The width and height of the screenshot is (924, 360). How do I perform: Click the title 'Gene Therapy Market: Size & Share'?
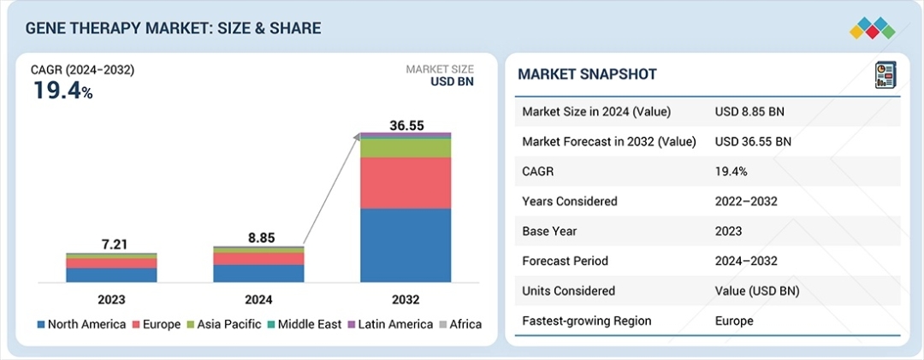pyautogui.click(x=173, y=28)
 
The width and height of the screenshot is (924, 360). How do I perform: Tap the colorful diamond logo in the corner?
pyautogui.click(x=872, y=27)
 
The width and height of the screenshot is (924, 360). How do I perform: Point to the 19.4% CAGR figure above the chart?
pyautogui.click(x=62, y=91)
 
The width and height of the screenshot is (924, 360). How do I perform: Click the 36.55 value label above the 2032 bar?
pyautogui.click(x=406, y=125)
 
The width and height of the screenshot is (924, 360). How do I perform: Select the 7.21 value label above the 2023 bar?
pyautogui.click(x=111, y=245)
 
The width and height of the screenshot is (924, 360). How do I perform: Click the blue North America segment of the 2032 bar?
pyautogui.click(x=406, y=245)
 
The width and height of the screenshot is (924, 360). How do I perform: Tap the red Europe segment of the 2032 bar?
pyautogui.click(x=406, y=183)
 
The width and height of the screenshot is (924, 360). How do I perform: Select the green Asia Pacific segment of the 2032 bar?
pyautogui.click(x=406, y=148)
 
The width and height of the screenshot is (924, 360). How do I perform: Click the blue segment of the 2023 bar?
pyautogui.click(x=111, y=274)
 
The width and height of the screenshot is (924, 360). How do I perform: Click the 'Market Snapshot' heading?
pyautogui.click(x=587, y=74)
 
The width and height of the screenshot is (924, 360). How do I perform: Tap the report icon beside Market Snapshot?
pyautogui.click(x=884, y=74)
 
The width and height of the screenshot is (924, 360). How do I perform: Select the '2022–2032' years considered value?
pyautogui.click(x=745, y=201)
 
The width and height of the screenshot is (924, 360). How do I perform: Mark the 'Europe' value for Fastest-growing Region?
pyautogui.click(x=734, y=321)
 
